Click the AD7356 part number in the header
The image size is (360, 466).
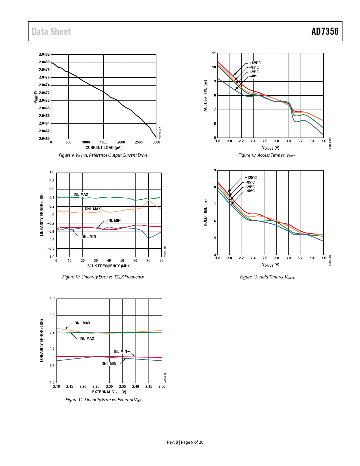click(325, 31)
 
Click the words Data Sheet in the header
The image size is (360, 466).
click(51, 31)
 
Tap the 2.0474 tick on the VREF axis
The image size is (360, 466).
click(44, 85)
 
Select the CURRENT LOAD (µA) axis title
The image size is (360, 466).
click(104, 147)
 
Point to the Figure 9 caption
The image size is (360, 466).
click(103, 155)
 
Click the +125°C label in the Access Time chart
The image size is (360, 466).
click(255, 63)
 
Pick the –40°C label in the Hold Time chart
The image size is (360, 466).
click(250, 191)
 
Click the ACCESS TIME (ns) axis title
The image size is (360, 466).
click(206, 95)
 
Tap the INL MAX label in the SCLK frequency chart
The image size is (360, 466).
click(81, 194)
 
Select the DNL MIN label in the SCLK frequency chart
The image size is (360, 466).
click(89, 236)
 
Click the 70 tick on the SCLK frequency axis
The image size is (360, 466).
click(149, 261)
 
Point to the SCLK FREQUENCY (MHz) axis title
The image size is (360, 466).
click(109, 266)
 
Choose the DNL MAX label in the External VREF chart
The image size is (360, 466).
click(82, 323)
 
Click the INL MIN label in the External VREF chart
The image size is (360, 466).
click(120, 352)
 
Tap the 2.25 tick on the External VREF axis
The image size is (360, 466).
click(96, 387)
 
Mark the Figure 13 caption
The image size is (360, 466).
click(267, 277)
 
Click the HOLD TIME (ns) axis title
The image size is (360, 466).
click(206, 213)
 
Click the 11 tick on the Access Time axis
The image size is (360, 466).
click(214, 53)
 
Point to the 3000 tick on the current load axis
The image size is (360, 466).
click(156, 142)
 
